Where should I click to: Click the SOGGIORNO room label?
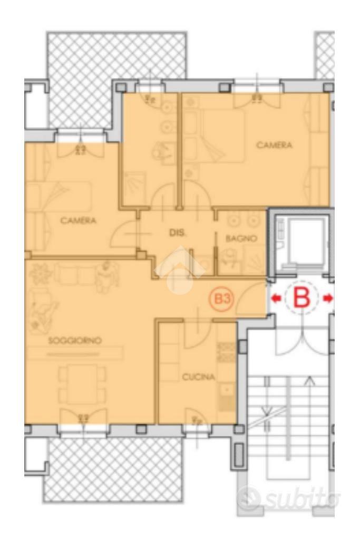tap(75, 341)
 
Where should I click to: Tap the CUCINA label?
tap(199, 377)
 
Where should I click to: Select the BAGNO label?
tap(241, 238)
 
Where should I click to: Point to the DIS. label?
tap(177, 233)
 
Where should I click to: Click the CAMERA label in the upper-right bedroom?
tap(274, 145)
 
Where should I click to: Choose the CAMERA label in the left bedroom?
tap(78, 220)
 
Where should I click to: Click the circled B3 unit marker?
tap(222, 298)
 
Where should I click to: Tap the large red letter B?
tap(301, 298)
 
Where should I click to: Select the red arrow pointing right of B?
tap(328, 298)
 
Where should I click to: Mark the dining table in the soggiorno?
tap(82, 384)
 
